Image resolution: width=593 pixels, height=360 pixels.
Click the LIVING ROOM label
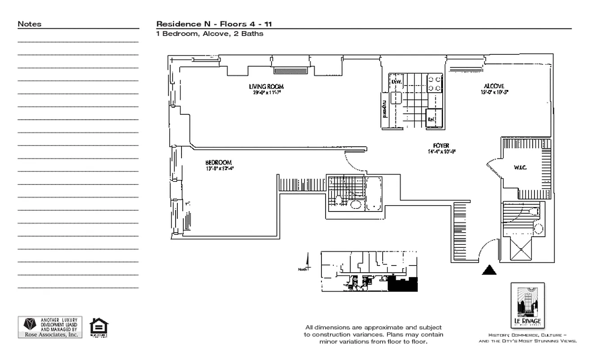pos(266,86)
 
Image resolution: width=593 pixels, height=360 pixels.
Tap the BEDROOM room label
pos(219,162)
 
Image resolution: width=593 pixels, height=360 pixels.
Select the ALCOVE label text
pos(493,86)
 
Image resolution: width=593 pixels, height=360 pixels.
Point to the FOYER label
pos(441,146)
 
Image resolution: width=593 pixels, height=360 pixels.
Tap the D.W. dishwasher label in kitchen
pos(396,81)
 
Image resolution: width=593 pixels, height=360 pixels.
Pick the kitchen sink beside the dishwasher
pos(396,98)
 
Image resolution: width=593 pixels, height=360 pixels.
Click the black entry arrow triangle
pos(489,270)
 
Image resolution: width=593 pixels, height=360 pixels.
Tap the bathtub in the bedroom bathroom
pos(374,194)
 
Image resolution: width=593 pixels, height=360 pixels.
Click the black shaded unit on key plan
pos(403,284)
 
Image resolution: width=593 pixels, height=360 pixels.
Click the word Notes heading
pos(30,24)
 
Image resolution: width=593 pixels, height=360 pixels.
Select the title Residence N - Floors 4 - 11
pos(214,24)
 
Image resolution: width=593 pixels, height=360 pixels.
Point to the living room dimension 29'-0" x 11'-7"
pos(267,93)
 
